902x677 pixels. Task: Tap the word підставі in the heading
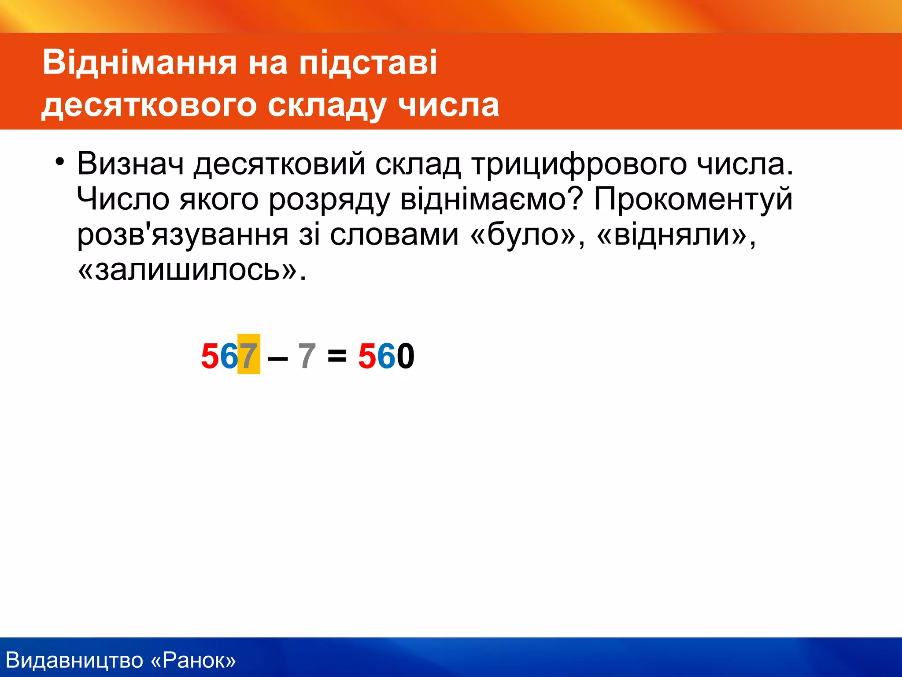[368, 63]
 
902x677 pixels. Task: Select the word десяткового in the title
[149, 106]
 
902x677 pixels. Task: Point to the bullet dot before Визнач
[59, 161]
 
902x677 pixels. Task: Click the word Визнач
[130, 164]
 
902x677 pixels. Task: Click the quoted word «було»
[527, 234]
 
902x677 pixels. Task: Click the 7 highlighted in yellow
[248, 355]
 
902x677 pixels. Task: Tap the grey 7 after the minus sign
[307, 355]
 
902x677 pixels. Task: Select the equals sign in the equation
[337, 355]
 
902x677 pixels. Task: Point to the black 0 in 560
[405, 355]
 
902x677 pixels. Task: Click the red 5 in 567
[210, 355]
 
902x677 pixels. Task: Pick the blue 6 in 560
[386, 355]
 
